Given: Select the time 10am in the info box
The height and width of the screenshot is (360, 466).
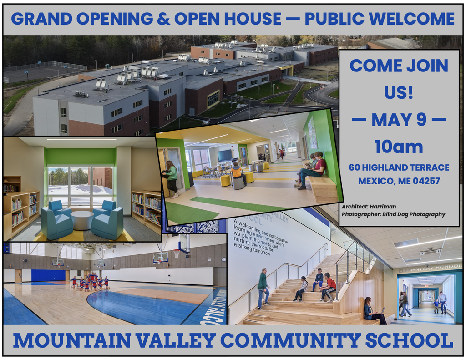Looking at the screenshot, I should tap(399, 147).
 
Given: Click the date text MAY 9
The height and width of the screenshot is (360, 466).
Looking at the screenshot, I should tap(399, 120).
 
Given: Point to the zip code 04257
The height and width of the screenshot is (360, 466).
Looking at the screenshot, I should tap(425, 181).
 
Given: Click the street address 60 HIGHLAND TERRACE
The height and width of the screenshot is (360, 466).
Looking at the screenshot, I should tap(399, 167).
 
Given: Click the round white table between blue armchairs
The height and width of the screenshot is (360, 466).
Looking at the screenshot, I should tap(82, 220).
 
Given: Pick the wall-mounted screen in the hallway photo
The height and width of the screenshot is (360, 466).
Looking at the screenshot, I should tap(224, 155).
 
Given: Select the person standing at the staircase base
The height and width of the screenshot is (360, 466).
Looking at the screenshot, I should tap(263, 289).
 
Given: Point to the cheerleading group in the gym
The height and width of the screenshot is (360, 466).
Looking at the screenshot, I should tap(90, 283).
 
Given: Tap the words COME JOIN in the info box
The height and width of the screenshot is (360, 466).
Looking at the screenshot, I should tap(399, 66).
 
